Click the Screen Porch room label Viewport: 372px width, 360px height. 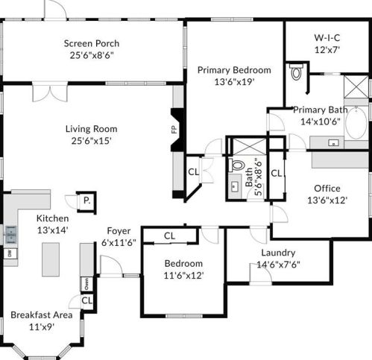point(92,43)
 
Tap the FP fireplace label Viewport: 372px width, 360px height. point(174,130)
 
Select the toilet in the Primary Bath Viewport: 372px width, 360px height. point(296,72)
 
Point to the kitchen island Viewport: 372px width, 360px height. point(51,259)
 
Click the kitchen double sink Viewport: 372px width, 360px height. point(11,235)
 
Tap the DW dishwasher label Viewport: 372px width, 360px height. point(10,253)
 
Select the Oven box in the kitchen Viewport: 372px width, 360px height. point(86,284)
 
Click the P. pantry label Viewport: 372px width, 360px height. point(86,200)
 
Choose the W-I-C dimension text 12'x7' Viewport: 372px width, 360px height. point(327,50)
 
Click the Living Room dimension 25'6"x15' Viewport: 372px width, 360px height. point(91,141)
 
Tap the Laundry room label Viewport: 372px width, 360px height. point(278,253)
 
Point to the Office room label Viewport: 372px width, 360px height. point(327,189)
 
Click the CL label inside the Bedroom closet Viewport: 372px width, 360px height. point(169,236)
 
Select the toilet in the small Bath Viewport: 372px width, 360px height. point(237,165)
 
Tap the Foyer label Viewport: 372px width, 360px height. point(119,231)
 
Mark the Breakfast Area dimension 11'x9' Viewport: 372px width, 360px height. point(42,326)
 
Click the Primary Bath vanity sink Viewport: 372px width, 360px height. point(333,142)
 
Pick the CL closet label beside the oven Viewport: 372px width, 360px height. point(87,300)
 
